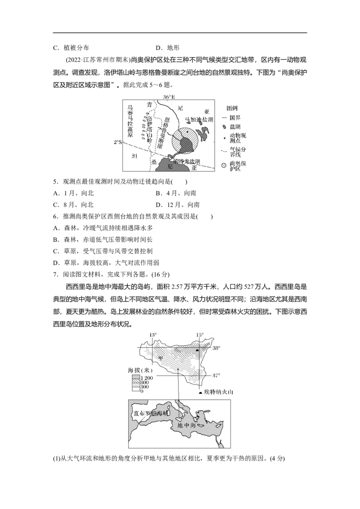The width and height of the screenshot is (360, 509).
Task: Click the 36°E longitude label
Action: point(169,97)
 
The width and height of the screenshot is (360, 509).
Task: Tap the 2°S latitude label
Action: point(117,143)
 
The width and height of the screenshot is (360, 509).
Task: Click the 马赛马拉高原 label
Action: point(130,122)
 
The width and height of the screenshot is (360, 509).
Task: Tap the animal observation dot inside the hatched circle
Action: point(188,131)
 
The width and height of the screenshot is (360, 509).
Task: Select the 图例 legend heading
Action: point(232,108)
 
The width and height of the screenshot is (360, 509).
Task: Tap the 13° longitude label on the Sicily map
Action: point(153,335)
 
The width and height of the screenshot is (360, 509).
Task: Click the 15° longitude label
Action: point(199,335)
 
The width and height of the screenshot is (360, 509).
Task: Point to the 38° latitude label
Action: point(216,348)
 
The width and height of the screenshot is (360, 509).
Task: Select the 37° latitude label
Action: point(216,375)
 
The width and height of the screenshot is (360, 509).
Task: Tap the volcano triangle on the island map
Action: point(198,350)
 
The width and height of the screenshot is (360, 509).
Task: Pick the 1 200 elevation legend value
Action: point(147,378)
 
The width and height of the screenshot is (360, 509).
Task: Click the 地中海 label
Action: point(186,425)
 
